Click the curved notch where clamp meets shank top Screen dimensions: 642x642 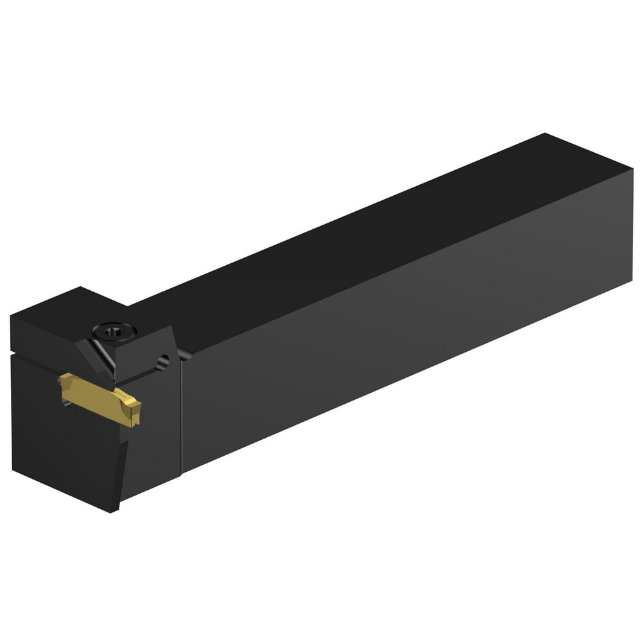(184, 353)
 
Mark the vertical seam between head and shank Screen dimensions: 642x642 (182, 411)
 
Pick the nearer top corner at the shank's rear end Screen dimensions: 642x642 (632, 168)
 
